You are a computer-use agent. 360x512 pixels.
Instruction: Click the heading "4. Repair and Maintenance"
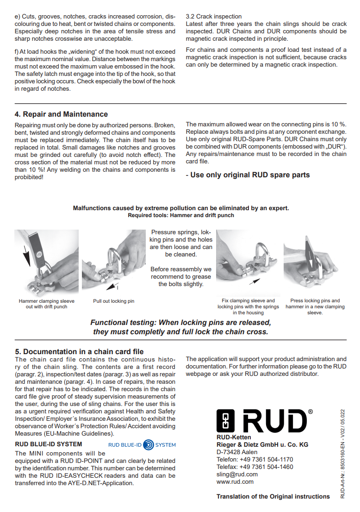[x=61, y=114]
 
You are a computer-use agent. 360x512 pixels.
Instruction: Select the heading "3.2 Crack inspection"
[x=214, y=16]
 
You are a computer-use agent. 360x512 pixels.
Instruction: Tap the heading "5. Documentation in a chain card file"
[x=79, y=352]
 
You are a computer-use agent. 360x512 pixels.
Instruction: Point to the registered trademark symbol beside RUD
[x=310, y=412]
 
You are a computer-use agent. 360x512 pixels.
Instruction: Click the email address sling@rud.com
[x=237, y=475]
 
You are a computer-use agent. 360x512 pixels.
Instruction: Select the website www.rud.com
[x=235, y=481]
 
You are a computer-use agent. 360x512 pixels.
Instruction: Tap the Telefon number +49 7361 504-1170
[x=267, y=459]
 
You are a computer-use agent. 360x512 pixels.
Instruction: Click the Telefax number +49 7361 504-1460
[x=267, y=467]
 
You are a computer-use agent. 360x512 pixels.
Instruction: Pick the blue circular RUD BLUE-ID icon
[x=149, y=445]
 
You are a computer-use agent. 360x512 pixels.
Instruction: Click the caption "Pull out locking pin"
[x=113, y=301]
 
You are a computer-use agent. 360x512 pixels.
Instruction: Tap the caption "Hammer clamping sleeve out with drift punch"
[x=47, y=304]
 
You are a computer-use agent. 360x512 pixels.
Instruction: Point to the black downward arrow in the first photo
[x=26, y=256]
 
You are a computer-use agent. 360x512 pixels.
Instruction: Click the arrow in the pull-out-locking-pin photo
[x=112, y=287]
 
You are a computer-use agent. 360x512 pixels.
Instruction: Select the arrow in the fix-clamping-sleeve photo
[x=254, y=281]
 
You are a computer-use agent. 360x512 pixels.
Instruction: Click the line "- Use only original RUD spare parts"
[x=248, y=175]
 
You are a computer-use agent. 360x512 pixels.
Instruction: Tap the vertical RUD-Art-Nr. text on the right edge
[x=342, y=454]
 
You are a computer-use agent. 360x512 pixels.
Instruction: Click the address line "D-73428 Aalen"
[x=237, y=452]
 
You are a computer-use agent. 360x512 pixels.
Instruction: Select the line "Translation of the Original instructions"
[x=273, y=497]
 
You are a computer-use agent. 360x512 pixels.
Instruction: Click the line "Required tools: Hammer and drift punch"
[x=181, y=216]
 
